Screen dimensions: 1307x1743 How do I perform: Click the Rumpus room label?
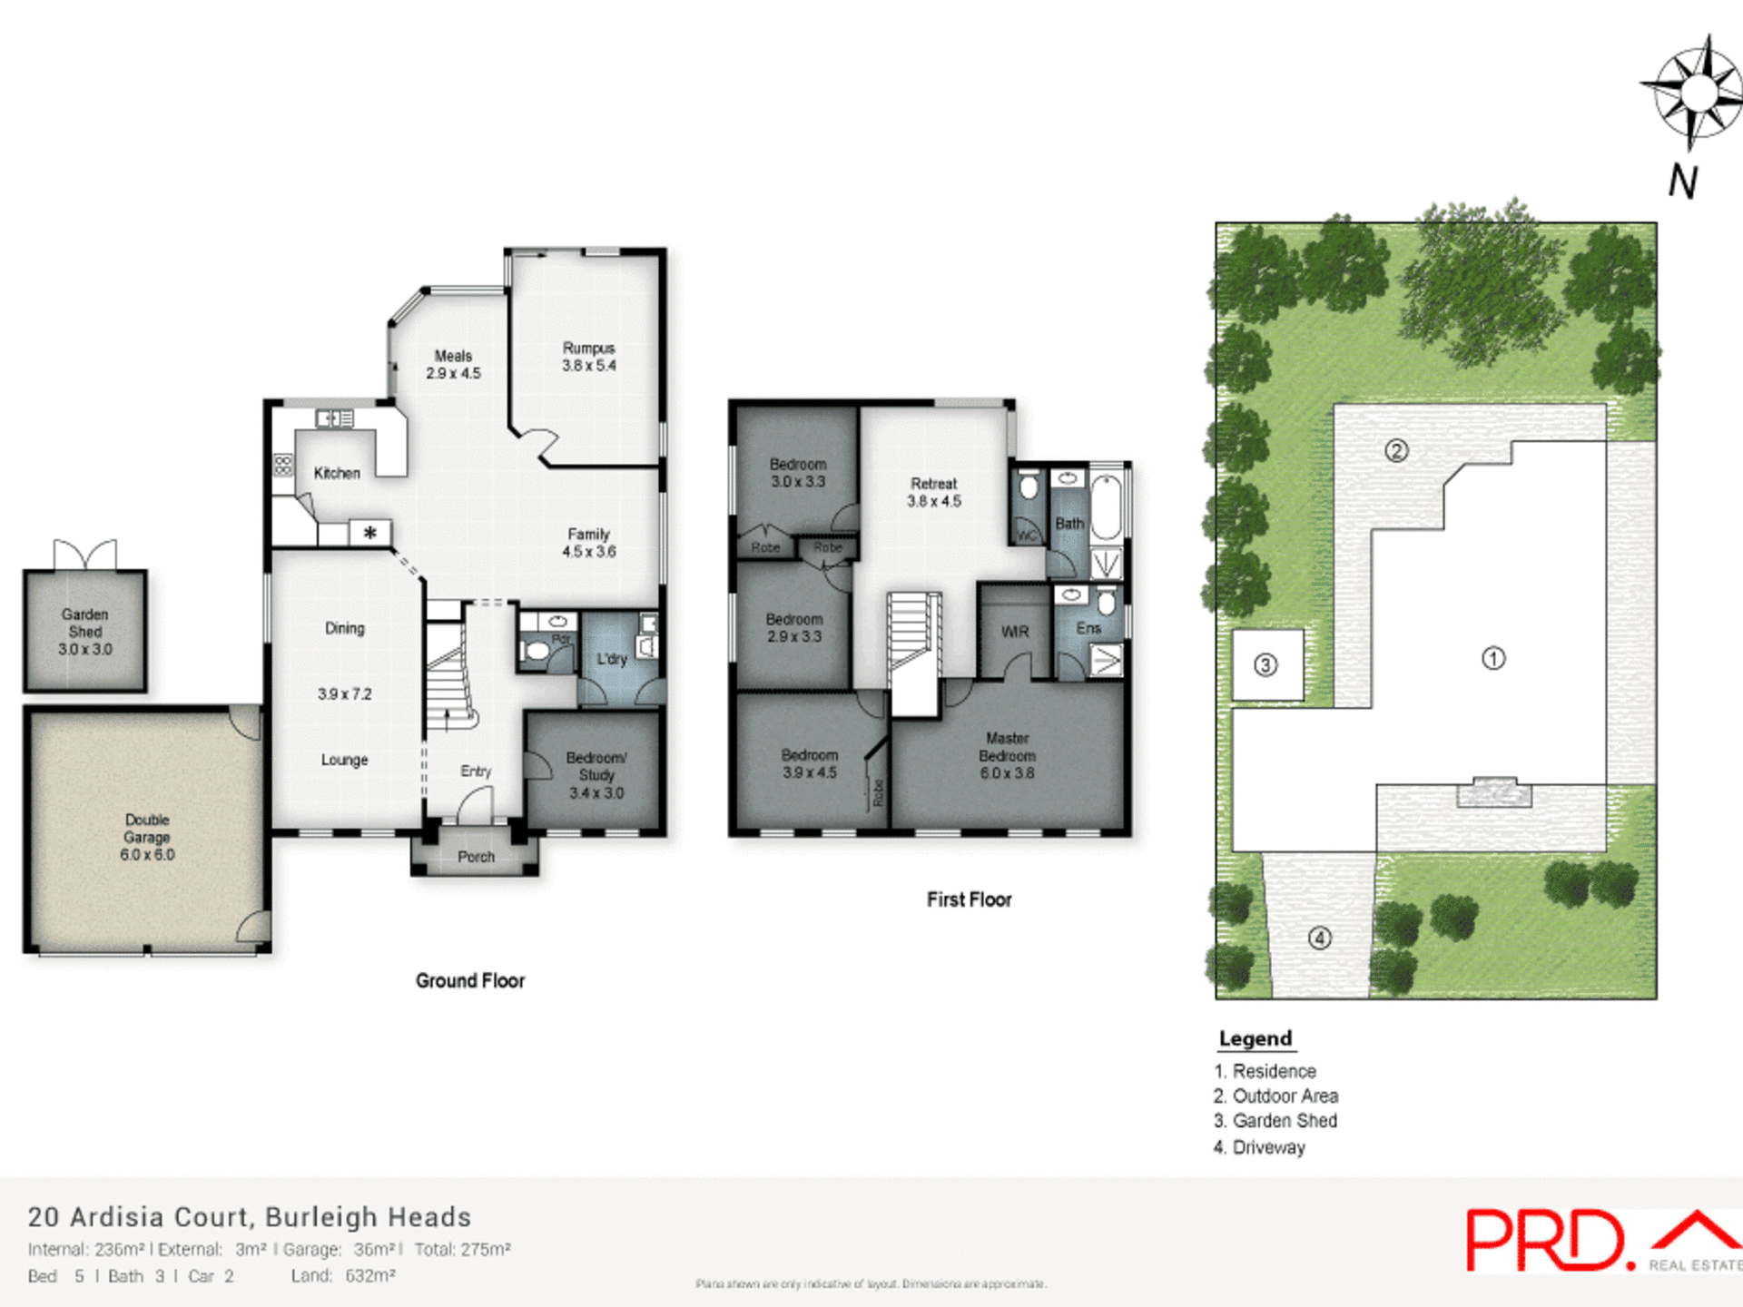pyautogui.click(x=588, y=357)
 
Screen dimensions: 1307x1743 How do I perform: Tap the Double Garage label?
pyautogui.click(x=147, y=837)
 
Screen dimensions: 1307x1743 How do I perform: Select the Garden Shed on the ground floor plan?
pyautogui.click(x=85, y=632)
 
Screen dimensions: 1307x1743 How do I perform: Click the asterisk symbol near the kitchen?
pyautogui.click(x=370, y=533)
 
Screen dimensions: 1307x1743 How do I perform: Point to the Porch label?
pyautogui.click(x=476, y=857)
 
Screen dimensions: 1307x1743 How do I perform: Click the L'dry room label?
pyautogui.click(x=612, y=659)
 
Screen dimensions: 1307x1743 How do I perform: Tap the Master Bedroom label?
pyautogui.click(x=1007, y=755)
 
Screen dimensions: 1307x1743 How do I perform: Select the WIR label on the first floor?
pyautogui.click(x=1015, y=632)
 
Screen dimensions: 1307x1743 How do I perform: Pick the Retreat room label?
pyautogui.click(x=934, y=492)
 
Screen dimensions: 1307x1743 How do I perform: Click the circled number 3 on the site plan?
pyautogui.click(x=1265, y=665)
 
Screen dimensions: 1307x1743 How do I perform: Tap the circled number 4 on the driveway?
pyautogui.click(x=1320, y=938)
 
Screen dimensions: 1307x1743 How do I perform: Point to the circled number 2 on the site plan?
pyautogui.click(x=1396, y=450)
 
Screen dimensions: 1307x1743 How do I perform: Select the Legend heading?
pyautogui.click(x=1256, y=1038)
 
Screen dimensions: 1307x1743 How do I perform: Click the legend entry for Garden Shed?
pyautogui.click(x=1275, y=1121)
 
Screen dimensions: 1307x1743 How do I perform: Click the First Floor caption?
pyautogui.click(x=969, y=899)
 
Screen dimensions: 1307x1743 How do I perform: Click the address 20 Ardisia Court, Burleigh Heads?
pyautogui.click(x=250, y=1217)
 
